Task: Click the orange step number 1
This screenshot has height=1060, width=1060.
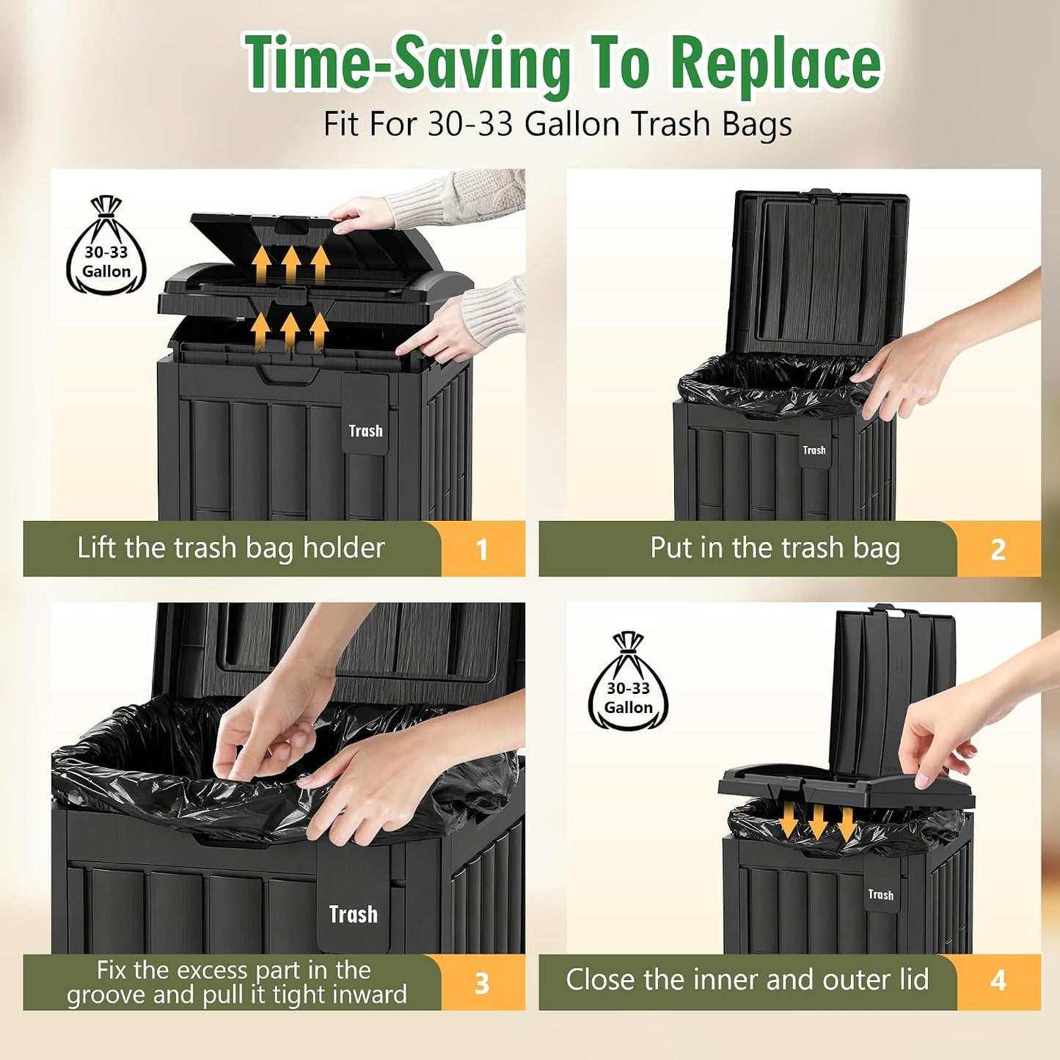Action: click(x=482, y=549)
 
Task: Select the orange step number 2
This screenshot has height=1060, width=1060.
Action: click(x=998, y=549)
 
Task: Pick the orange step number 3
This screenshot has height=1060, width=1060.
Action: click(x=482, y=983)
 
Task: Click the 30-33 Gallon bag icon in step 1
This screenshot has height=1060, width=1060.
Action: click(x=106, y=245)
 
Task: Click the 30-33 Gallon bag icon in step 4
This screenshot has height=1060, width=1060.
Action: click(x=628, y=681)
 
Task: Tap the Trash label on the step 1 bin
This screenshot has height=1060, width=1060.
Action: click(x=366, y=431)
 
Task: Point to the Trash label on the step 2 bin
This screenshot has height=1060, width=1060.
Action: click(x=814, y=450)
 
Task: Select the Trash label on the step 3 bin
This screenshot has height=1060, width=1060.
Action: click(x=354, y=914)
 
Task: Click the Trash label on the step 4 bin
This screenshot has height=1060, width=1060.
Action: click(x=881, y=895)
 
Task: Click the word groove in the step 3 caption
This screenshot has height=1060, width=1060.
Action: click(x=103, y=995)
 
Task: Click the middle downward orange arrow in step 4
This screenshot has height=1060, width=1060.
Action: click(x=818, y=822)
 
